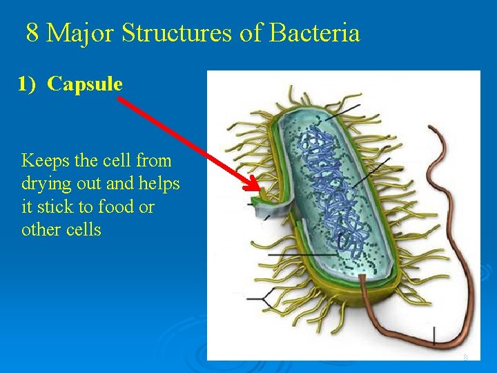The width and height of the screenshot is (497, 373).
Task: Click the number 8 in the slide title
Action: [x=32, y=32]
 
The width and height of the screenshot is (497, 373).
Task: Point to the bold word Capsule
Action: [x=85, y=84]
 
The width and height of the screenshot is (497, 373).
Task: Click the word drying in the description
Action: [x=45, y=184]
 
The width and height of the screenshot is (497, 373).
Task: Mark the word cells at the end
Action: [x=84, y=230]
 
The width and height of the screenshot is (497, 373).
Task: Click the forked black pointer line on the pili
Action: [x=263, y=298]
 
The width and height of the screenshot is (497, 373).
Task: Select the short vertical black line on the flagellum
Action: [x=433, y=336]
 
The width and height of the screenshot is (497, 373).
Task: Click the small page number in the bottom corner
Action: [x=465, y=357]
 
